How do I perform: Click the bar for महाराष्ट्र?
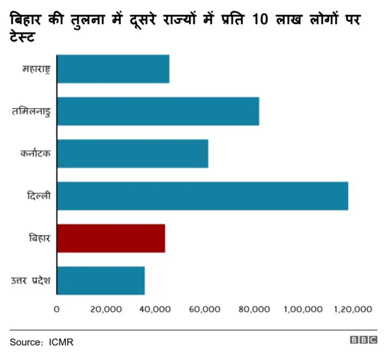point(113,69)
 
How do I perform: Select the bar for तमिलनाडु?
point(158,111)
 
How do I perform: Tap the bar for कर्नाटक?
point(132,154)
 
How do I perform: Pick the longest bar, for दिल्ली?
point(203,196)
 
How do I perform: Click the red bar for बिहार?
point(111,238)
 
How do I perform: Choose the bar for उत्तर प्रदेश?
point(101,281)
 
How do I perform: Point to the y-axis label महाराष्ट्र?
point(35,70)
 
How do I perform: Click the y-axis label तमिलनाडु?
point(31,112)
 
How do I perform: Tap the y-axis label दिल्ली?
point(39,197)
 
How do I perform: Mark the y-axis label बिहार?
point(40,238)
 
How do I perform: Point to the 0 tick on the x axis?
point(57,309)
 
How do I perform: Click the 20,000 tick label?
point(106,309)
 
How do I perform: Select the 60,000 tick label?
point(204,309)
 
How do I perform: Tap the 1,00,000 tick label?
point(302,309)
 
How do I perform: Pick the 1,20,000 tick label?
point(353,309)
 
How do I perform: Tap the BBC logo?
point(363,341)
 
